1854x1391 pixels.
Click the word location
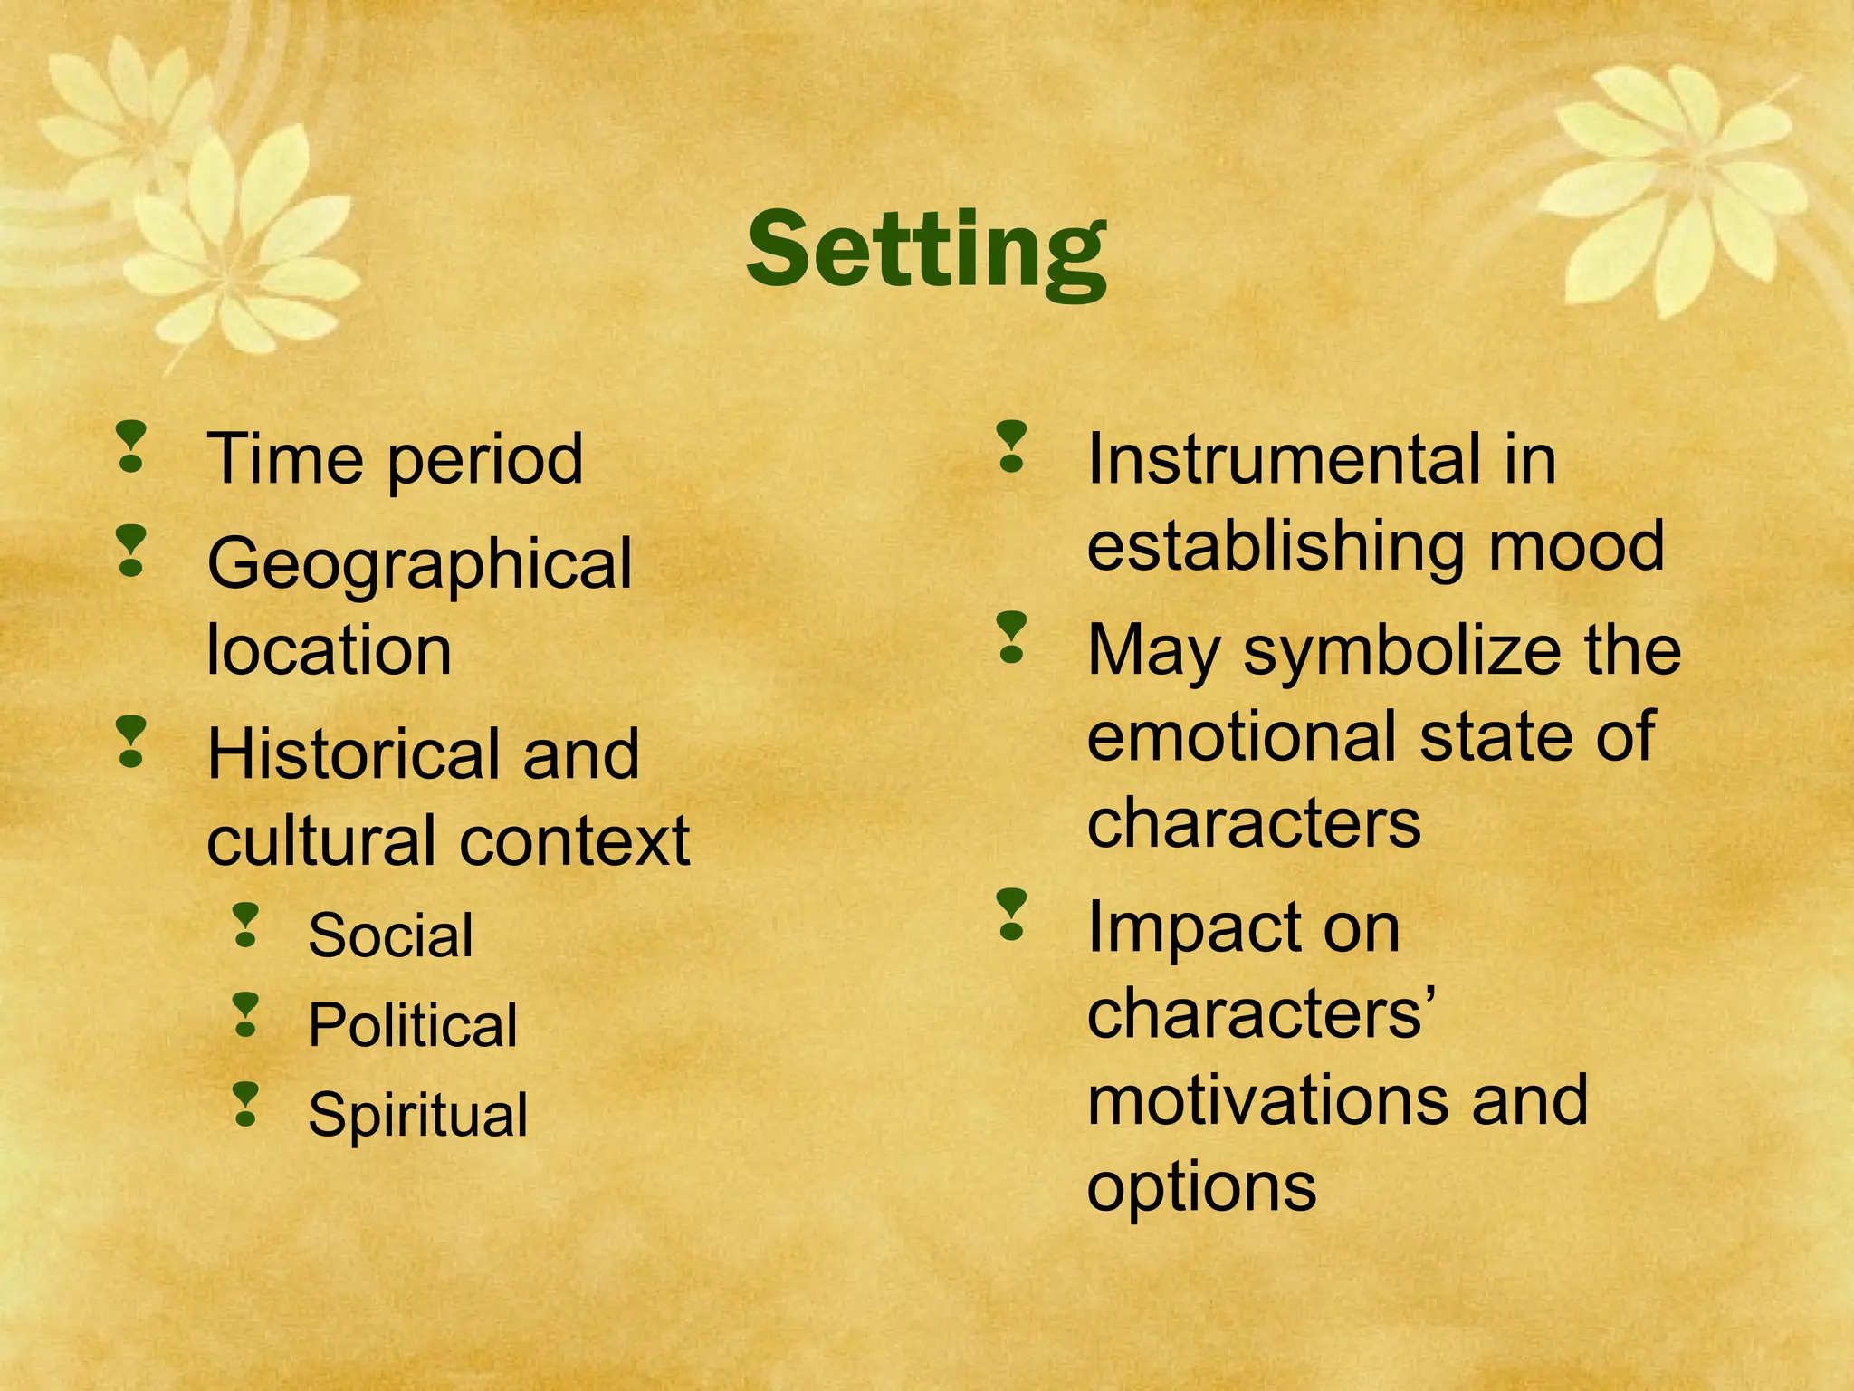329,650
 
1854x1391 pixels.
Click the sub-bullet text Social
390,935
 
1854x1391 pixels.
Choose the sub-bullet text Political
413,1025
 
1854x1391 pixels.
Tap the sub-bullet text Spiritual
417,1115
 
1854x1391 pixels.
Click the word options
1200,1188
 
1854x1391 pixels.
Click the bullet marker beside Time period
131,447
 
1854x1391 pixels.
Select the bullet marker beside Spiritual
245,1105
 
